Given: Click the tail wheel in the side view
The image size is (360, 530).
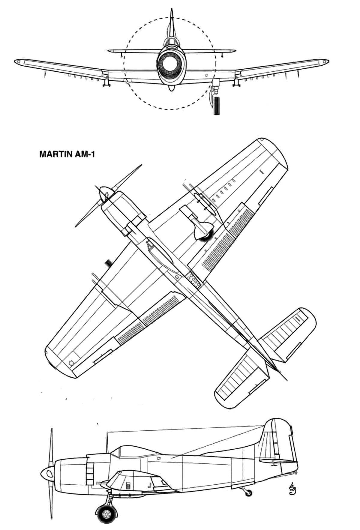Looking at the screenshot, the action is point(248,492).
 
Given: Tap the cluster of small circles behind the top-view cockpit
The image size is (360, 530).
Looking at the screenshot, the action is point(193,280).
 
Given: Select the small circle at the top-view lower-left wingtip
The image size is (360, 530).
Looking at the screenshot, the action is point(71,363).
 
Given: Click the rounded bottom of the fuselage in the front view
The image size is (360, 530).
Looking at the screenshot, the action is point(171,88).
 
